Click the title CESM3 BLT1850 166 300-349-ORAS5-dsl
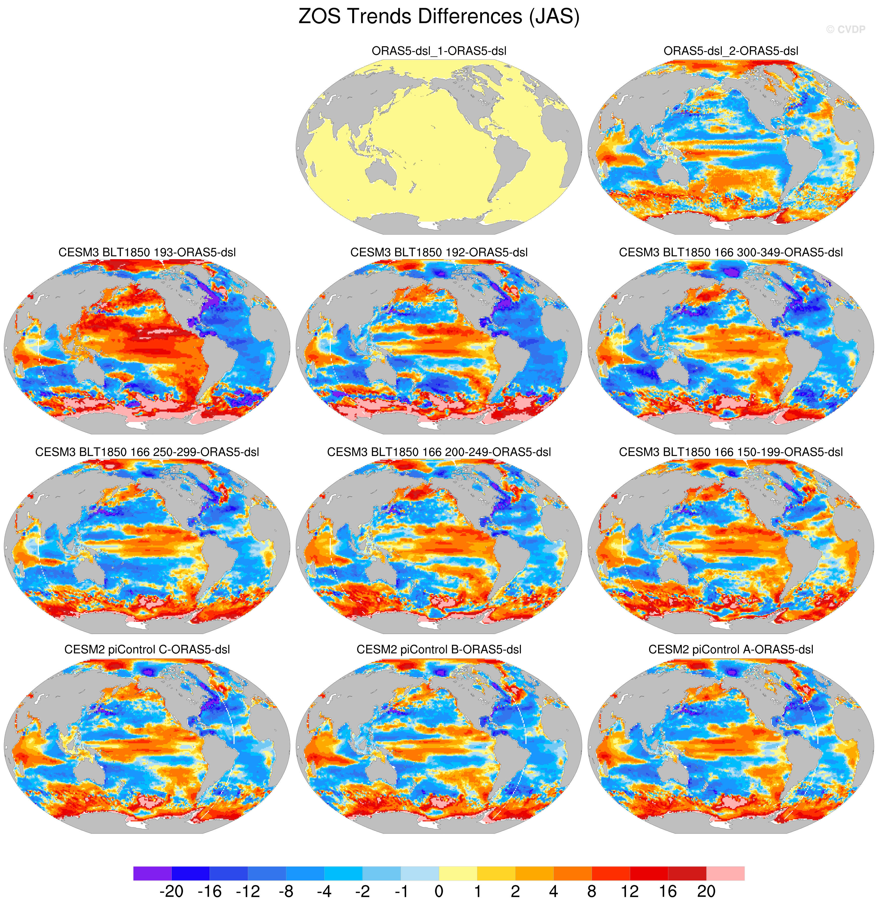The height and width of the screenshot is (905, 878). point(730,253)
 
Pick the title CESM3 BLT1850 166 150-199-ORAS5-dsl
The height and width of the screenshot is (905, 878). point(730,452)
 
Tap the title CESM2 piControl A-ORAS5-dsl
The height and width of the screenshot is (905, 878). point(730,650)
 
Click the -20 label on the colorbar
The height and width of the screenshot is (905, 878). point(171,891)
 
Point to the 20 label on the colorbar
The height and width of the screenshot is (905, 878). point(706,891)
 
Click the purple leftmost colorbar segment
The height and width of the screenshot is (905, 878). point(152,873)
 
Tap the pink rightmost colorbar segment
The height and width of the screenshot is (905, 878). point(725,873)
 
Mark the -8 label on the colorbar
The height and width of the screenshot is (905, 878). point(286,891)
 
